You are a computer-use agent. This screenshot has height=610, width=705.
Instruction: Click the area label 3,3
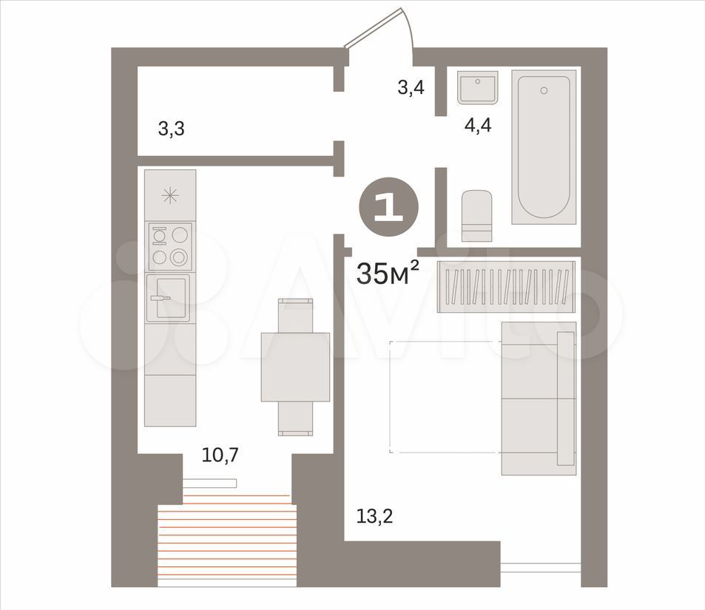pos(172,129)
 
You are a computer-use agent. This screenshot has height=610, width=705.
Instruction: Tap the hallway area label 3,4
pos(411,87)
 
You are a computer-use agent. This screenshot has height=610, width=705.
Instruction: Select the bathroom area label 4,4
pos(478,126)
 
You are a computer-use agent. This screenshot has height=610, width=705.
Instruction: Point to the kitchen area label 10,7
pos(220,455)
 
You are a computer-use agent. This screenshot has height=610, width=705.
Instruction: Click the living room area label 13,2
pos(374,516)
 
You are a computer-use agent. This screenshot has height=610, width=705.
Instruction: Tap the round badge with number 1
pos(388,207)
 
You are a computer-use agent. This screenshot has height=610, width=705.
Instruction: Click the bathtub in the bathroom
pos(544,146)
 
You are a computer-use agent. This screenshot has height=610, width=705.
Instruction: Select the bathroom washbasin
pos(477,88)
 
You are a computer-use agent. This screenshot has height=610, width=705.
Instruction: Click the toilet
pos(476,216)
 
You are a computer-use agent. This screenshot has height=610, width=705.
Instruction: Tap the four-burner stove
pos(170,246)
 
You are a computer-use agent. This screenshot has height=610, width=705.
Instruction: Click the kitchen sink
pos(168,298)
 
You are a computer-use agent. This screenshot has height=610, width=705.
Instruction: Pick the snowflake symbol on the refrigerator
pos(170,196)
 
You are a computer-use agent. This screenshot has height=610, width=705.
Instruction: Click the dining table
pos(295,367)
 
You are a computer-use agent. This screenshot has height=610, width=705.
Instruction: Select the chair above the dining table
pos(295,315)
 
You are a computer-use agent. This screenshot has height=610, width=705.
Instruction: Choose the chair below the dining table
pos(295,418)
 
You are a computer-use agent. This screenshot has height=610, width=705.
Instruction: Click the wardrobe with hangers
pos(506,286)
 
